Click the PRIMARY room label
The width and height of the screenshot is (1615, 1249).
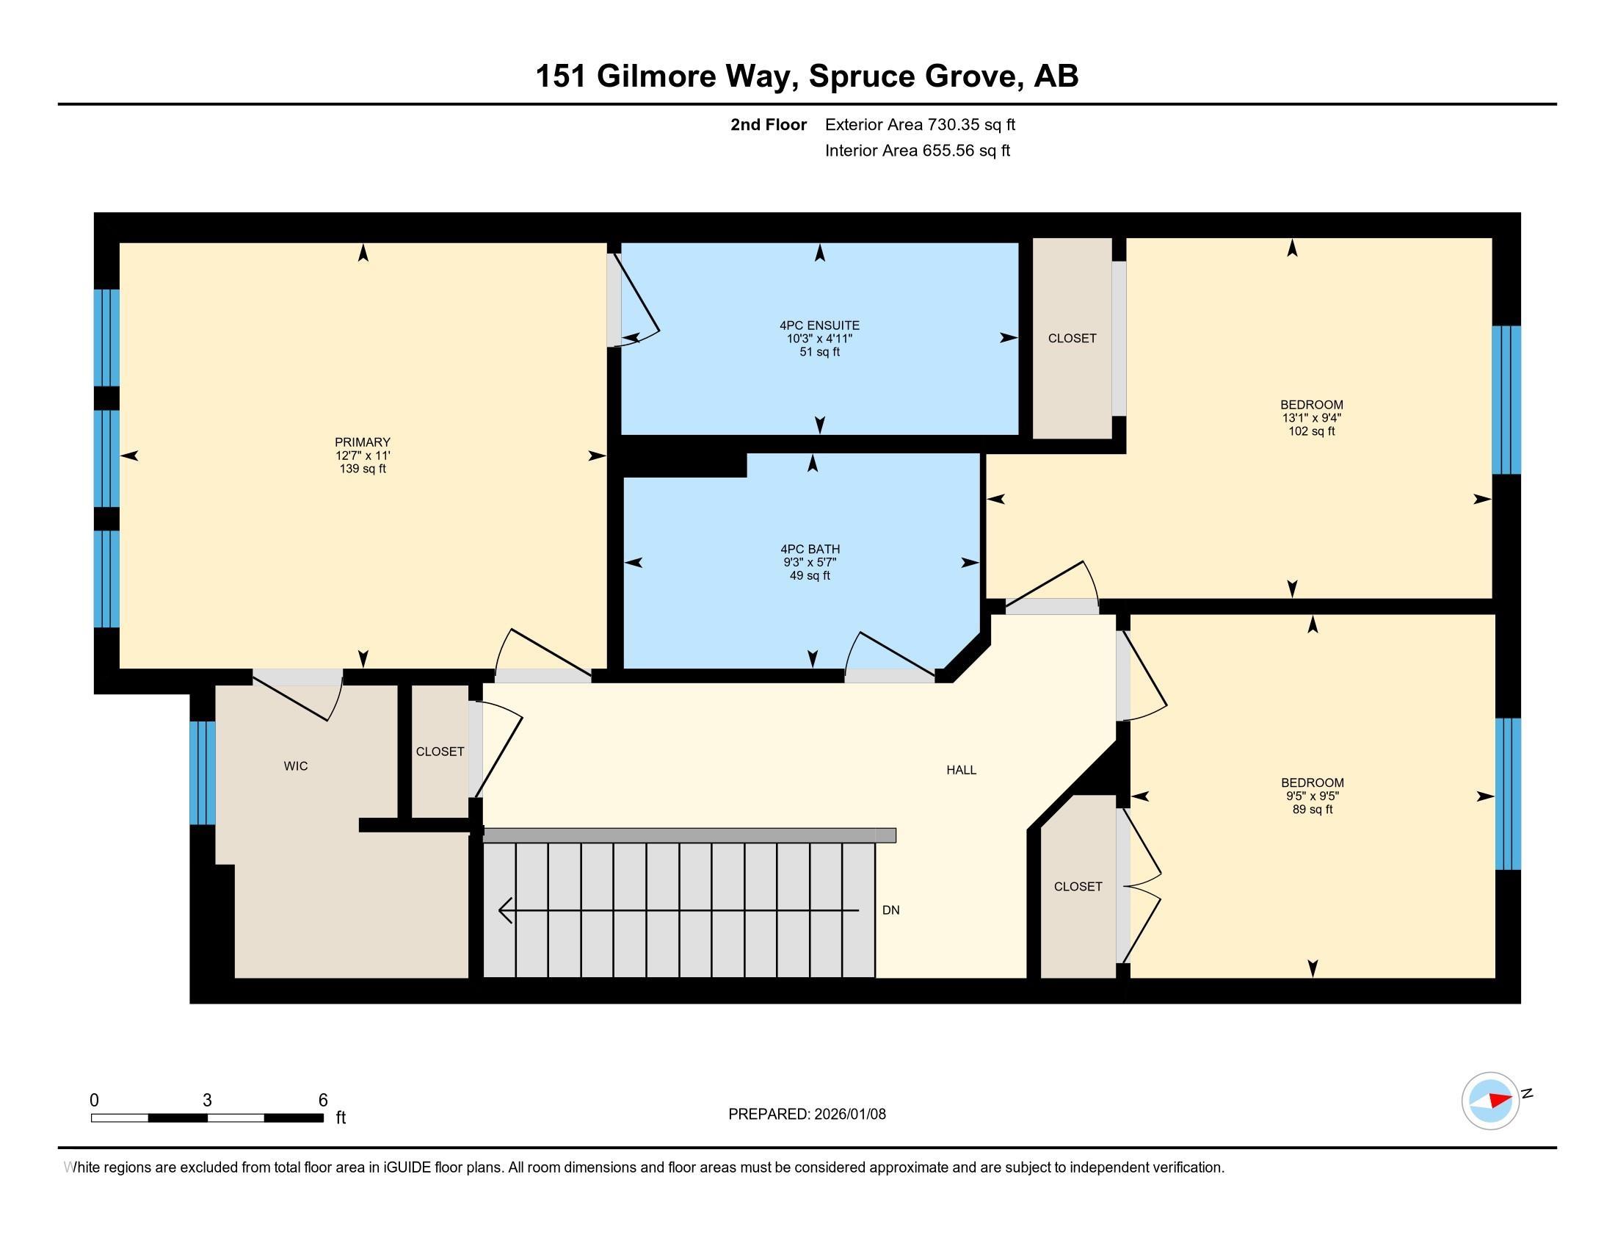click(363, 442)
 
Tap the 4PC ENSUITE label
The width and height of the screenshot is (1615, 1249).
click(819, 325)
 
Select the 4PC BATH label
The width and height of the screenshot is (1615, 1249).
click(810, 549)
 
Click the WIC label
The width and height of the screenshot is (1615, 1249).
click(296, 766)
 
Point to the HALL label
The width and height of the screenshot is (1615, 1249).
click(962, 769)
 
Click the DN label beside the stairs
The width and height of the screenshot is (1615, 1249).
click(891, 910)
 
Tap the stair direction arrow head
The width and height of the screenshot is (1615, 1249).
click(506, 910)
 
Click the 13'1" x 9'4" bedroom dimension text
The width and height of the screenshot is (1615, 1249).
click(1312, 418)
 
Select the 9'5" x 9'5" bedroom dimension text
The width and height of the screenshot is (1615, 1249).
click(1313, 796)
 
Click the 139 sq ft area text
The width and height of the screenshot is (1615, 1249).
click(363, 469)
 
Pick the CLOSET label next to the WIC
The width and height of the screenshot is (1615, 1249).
click(440, 752)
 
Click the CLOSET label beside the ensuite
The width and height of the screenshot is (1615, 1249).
click(1073, 338)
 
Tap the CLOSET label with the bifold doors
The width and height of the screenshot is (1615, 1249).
click(1078, 887)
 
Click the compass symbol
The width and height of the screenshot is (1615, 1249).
click(1491, 1101)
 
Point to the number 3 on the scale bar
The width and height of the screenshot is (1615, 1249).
click(207, 1101)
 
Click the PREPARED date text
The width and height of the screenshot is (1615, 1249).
click(807, 1115)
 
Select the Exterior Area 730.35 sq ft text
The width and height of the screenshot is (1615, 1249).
click(920, 124)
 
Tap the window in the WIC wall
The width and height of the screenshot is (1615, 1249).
click(203, 772)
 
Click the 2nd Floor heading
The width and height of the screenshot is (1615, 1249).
click(769, 124)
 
